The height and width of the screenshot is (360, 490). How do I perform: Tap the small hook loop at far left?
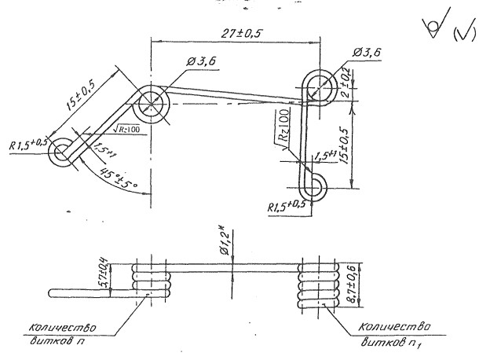(61, 154)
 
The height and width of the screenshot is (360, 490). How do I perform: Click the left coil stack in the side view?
(150, 281)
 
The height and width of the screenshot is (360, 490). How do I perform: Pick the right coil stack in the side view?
(316, 285)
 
